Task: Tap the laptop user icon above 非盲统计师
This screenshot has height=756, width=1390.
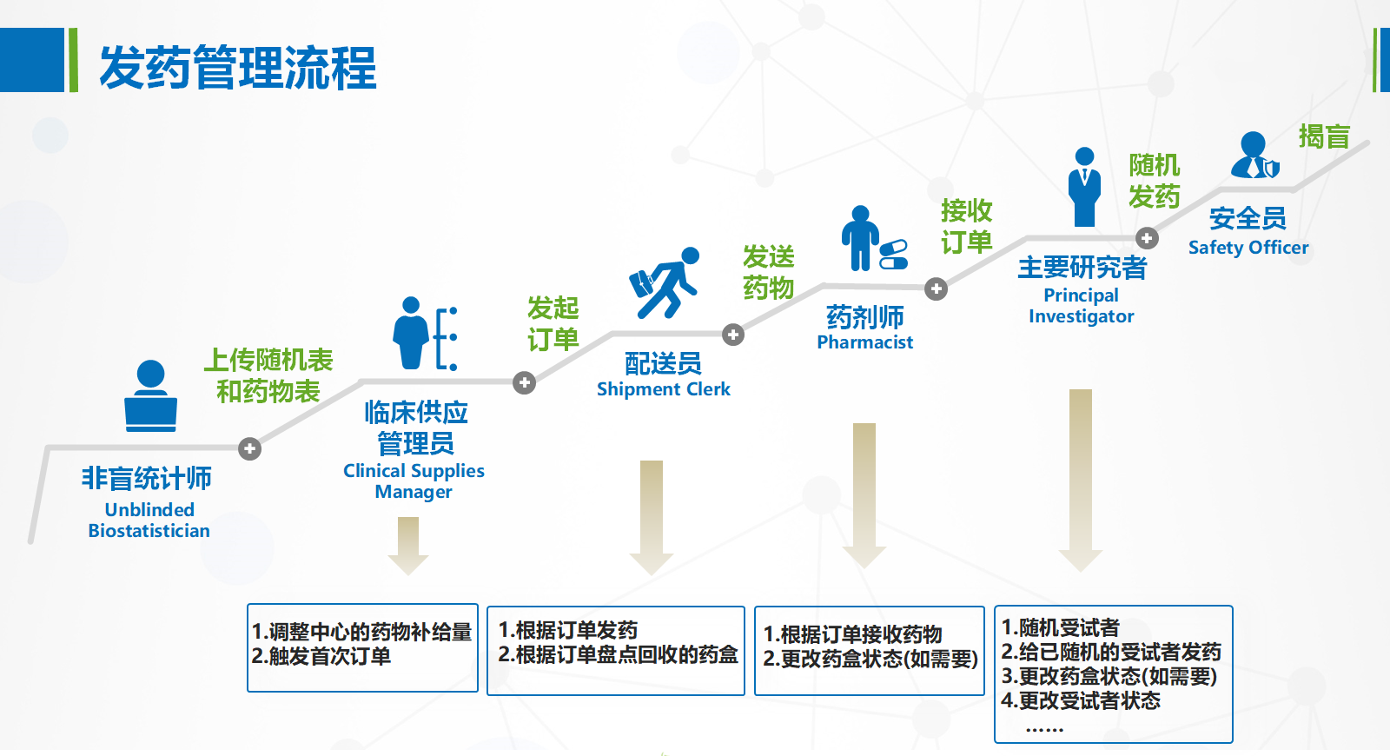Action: coord(151,395)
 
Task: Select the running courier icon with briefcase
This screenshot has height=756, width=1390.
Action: coord(665,282)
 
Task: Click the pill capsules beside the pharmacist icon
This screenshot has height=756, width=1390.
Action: coord(894,255)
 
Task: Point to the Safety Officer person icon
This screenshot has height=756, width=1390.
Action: coord(1254,155)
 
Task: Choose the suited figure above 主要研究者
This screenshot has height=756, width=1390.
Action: coord(1084,187)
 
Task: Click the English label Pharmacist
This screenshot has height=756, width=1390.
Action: coord(865,342)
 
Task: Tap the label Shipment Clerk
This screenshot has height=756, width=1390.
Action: coord(664,389)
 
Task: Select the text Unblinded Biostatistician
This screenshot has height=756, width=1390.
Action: coord(149,521)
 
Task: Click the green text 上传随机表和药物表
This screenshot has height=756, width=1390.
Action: coord(268,375)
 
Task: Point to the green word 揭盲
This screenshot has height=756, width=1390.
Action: coord(1324,136)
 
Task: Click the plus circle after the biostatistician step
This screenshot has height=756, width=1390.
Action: coord(249,448)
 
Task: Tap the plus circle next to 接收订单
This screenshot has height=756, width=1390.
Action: coord(936,288)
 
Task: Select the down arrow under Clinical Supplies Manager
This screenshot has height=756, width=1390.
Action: coord(407,546)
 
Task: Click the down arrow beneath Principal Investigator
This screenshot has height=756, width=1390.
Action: coord(1081,481)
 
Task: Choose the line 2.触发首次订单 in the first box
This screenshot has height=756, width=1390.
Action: coord(321,656)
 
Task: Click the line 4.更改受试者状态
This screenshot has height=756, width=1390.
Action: coord(1081,700)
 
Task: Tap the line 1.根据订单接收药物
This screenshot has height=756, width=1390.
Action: coord(852,634)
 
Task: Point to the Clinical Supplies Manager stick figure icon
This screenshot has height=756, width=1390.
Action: coord(425,334)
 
